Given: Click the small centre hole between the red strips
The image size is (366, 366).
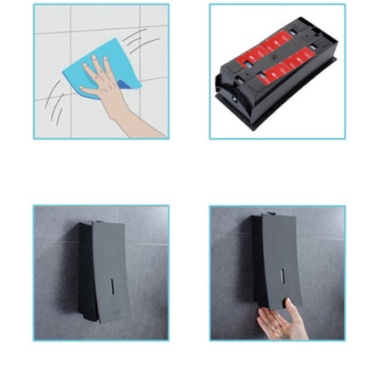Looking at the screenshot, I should (278, 60).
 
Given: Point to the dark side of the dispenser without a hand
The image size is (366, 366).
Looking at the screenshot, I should (85, 272).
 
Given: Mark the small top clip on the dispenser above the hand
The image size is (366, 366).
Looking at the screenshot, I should (270, 214).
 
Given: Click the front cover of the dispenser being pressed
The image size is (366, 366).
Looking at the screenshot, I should (281, 255).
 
